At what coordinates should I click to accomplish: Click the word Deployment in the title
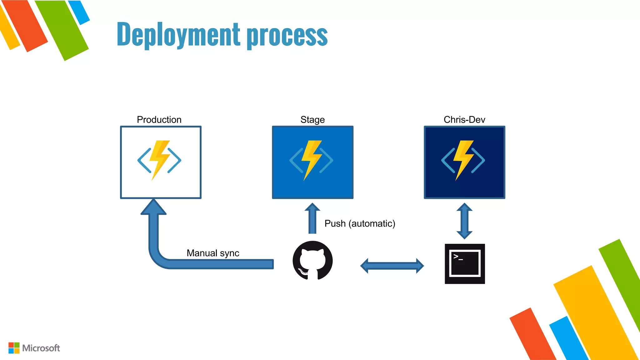pos(178,34)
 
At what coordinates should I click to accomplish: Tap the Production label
pos(159,120)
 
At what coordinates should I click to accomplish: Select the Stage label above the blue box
pos(312,120)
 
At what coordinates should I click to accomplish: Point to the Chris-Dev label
pos(464,120)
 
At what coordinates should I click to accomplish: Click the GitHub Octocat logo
pos(312,260)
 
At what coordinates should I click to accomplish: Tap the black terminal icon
pos(465,264)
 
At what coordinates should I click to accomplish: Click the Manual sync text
pos(213,253)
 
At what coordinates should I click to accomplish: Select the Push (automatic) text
pos(360,223)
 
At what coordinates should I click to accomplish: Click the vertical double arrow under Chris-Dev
pos(464,221)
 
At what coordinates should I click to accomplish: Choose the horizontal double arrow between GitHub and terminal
pos(392,266)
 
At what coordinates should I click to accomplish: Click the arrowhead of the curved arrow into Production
pos(153,207)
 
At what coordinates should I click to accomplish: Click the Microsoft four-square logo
pos(14,348)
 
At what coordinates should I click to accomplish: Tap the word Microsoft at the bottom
pos(41,348)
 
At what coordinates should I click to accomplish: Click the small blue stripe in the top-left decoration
pos(79,12)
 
